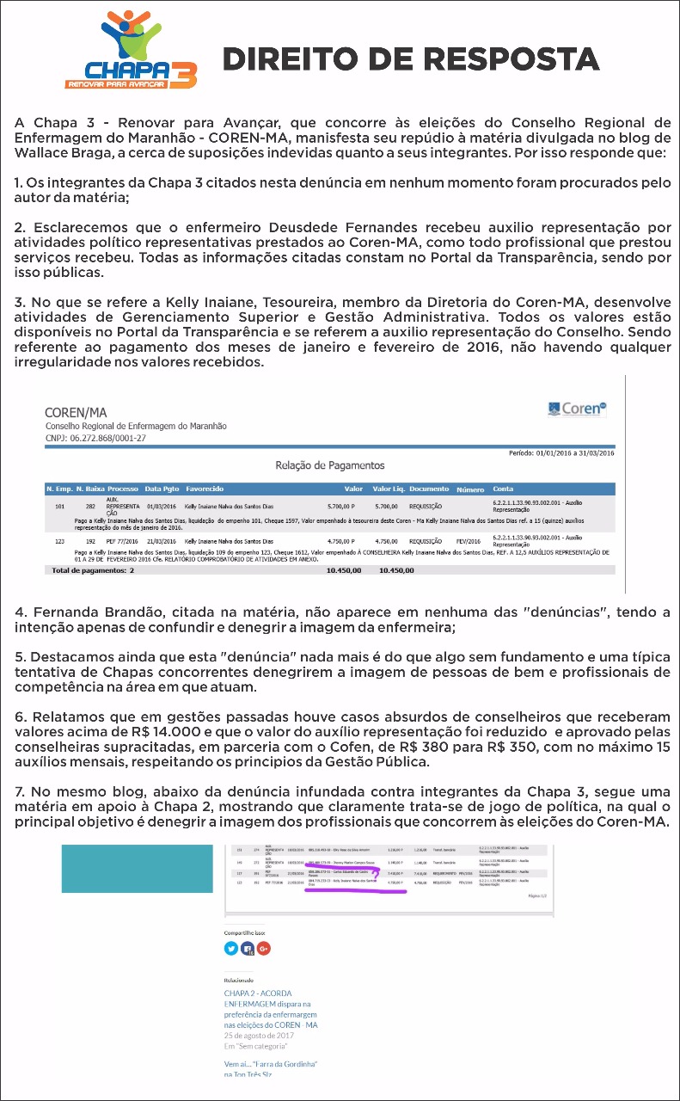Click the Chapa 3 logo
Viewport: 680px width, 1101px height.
tap(132, 51)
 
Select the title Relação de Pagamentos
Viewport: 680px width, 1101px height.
tap(329, 465)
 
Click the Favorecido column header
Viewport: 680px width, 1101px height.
tap(205, 489)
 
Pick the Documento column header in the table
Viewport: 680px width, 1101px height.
tap(429, 489)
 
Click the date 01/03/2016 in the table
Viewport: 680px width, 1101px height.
tap(161, 507)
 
